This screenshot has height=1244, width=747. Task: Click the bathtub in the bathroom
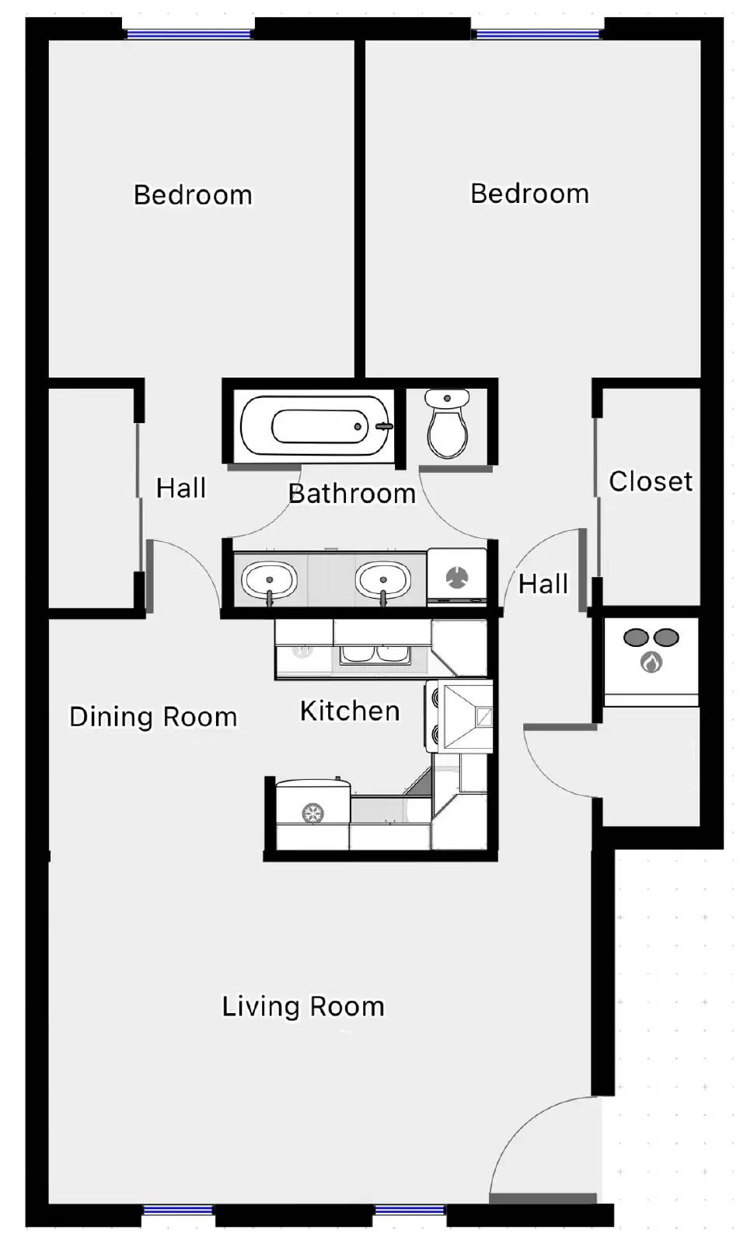coord(315,426)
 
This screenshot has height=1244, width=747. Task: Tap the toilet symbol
coord(447,425)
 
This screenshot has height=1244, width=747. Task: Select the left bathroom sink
coord(269,580)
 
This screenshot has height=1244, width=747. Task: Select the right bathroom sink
coord(382,580)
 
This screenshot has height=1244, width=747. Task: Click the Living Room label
coord(303,1007)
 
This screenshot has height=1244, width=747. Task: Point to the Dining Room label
coord(153,717)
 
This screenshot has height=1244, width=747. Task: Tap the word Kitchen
coord(350,711)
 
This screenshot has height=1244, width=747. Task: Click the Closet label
coord(651,481)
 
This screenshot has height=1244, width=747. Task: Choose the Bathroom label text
coord(351,494)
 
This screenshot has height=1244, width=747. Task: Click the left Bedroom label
coord(193,195)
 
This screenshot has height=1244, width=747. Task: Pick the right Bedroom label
coord(529,194)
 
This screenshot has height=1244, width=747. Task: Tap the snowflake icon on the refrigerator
coord(312,814)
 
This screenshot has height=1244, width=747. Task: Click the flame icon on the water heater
coord(651,662)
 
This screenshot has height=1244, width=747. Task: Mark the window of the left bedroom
coord(189,34)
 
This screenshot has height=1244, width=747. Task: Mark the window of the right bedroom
coord(538,34)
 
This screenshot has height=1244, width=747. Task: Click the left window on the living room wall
coord(178,1210)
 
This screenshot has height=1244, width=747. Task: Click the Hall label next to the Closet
coord(543,584)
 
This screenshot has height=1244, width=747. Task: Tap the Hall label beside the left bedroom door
coord(181,488)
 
